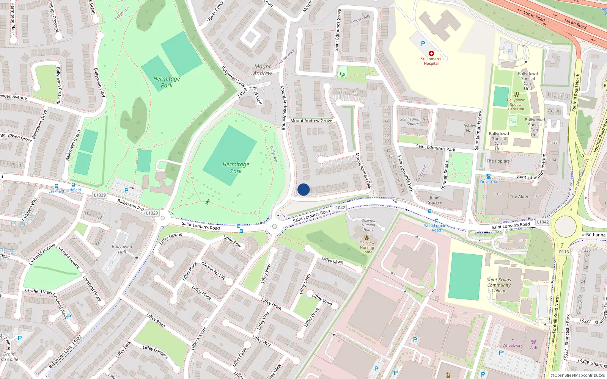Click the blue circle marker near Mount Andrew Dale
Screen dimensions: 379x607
coord(303,189)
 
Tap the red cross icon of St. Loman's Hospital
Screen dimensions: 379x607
coord(431,53)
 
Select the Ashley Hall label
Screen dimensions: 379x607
coord(470,128)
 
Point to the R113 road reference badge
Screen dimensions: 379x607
coord(564,252)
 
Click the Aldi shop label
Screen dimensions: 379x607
coord(534,348)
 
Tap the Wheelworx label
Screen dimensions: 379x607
coord(512,345)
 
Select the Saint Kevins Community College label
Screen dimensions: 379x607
coord(499,285)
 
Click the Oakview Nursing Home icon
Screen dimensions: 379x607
coord(366,237)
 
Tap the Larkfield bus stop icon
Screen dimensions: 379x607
coord(73,185)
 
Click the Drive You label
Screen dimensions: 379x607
coord(488,182)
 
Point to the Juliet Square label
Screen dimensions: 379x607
coord(435,200)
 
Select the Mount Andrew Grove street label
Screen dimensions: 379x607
coord(311,121)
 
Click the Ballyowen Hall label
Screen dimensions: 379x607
coord(122,249)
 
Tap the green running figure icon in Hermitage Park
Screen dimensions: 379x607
coord(208,202)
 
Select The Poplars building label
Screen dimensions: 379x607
coord(498,161)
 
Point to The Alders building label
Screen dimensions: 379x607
coord(520,196)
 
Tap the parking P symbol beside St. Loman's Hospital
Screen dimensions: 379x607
coord(423,44)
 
